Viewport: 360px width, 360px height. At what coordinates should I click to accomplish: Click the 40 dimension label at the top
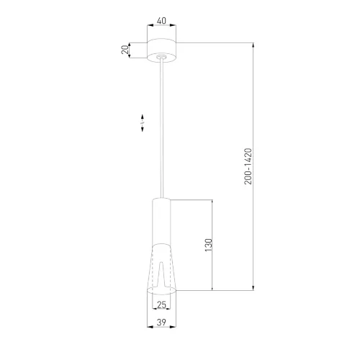point(161,21)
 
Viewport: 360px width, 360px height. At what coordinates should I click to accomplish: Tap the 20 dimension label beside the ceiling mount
point(125,50)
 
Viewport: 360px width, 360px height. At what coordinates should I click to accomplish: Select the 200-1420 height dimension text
point(248,166)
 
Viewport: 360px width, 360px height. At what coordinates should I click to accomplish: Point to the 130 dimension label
point(209,245)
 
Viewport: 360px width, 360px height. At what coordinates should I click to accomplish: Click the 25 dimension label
point(161,305)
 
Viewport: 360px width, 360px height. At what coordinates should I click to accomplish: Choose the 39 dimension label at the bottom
point(161,323)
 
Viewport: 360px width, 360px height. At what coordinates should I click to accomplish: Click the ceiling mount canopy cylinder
point(161,50)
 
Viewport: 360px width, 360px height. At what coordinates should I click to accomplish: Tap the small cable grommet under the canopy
point(161,57)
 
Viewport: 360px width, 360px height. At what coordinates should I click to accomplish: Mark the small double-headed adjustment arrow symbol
point(143,123)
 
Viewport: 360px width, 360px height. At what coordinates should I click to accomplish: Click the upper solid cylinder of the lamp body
point(161,222)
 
